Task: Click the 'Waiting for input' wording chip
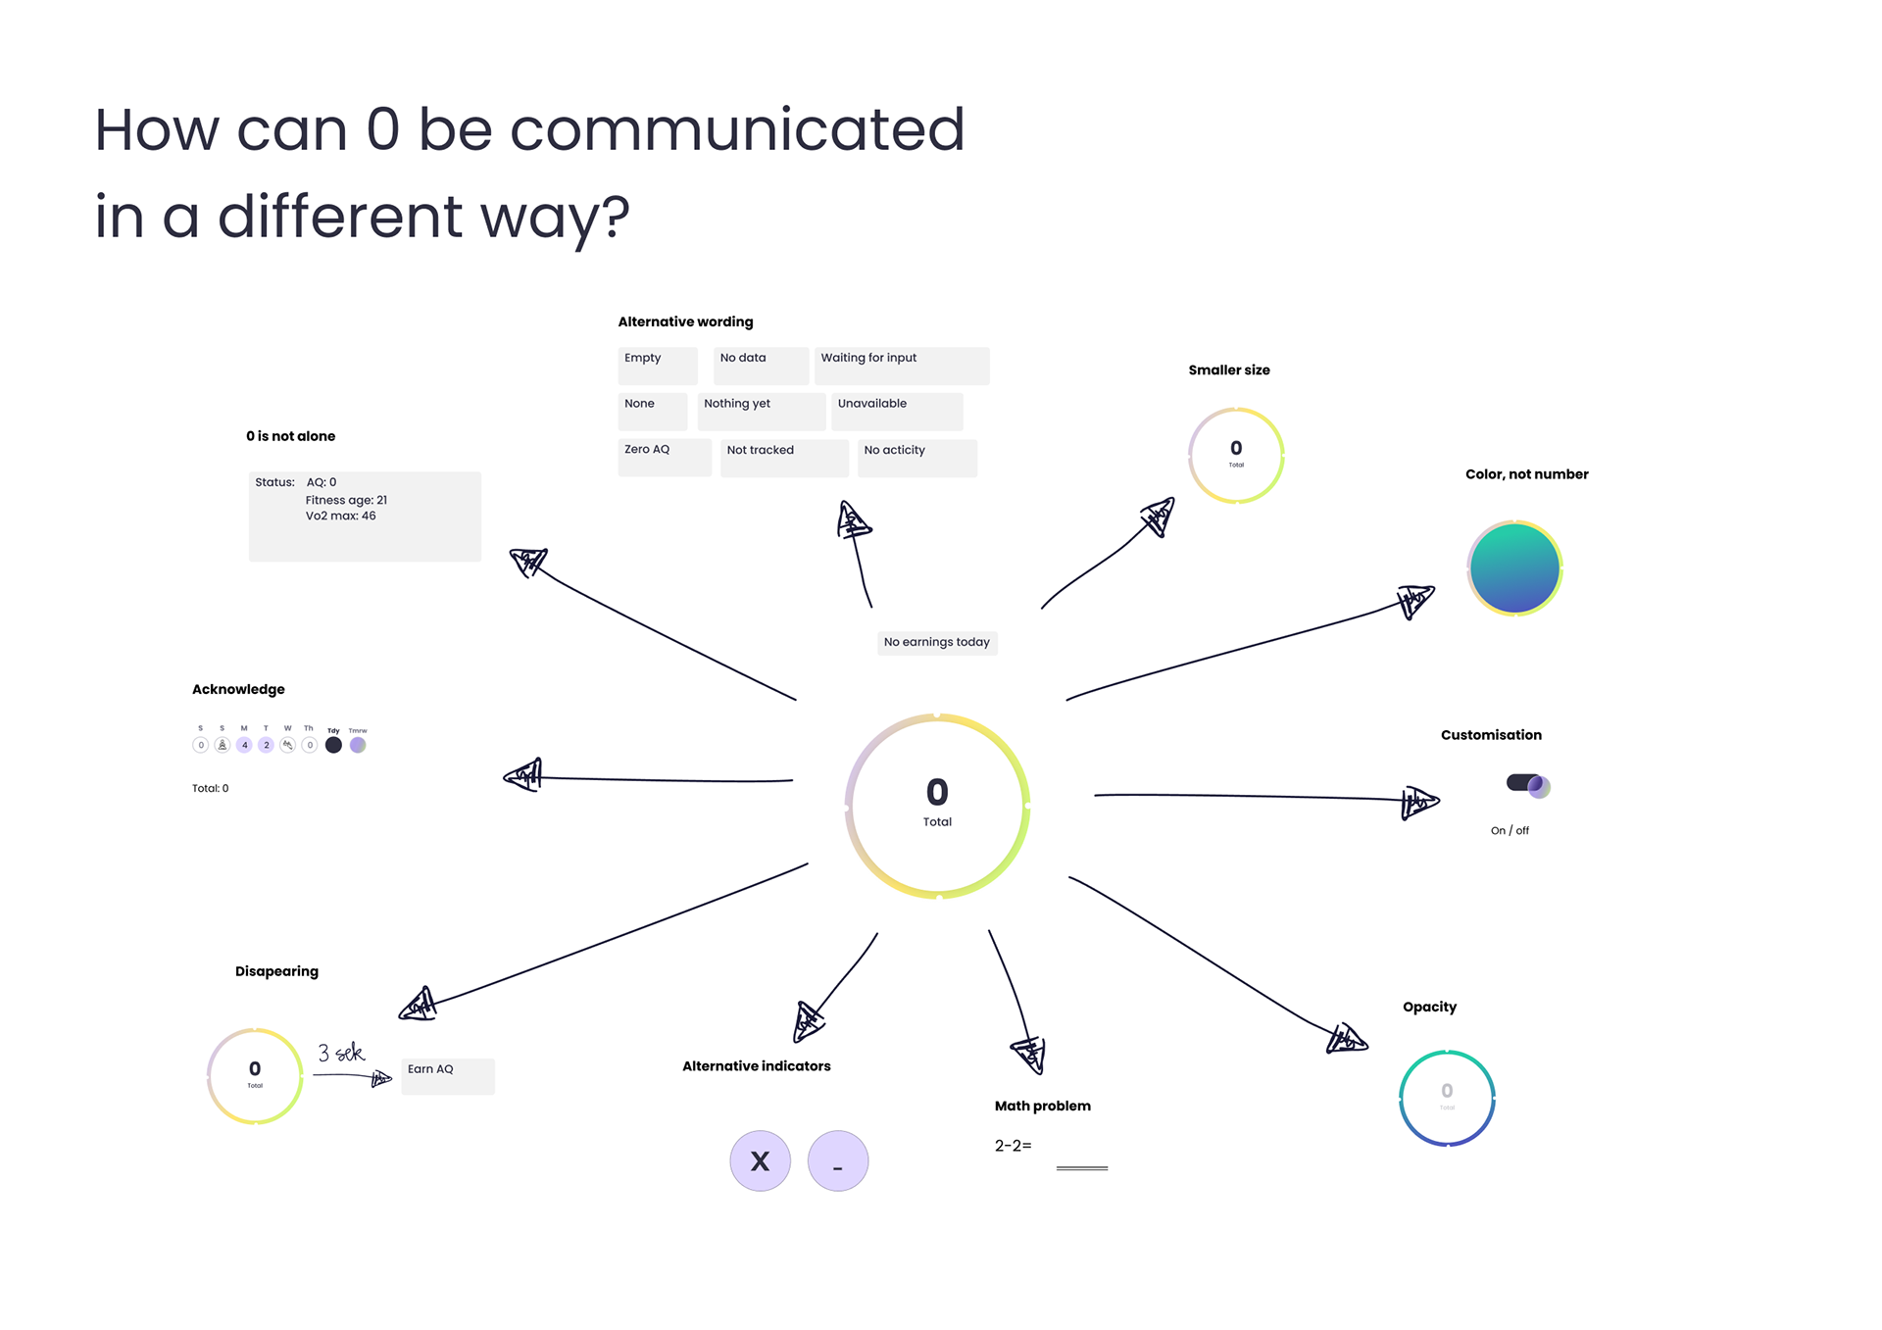point(901,365)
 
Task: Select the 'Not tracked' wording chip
point(783,457)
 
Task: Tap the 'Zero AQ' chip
point(664,457)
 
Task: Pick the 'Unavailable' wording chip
point(896,411)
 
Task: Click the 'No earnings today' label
point(936,642)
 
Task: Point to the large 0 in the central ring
point(937,792)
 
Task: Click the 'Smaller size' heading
point(1228,370)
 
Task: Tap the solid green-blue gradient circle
point(1513,568)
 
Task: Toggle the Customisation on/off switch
point(1527,784)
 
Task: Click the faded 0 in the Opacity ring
point(1447,1091)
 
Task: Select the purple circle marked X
point(760,1161)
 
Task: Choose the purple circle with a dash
point(837,1161)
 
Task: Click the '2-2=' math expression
point(1013,1146)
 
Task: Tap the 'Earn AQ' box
point(447,1075)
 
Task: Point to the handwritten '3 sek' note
point(340,1054)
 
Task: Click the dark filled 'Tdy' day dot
point(333,745)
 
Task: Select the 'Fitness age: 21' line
point(346,500)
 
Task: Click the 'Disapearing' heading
point(276,971)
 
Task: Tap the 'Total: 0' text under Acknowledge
point(210,788)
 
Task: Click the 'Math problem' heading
point(1042,1107)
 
